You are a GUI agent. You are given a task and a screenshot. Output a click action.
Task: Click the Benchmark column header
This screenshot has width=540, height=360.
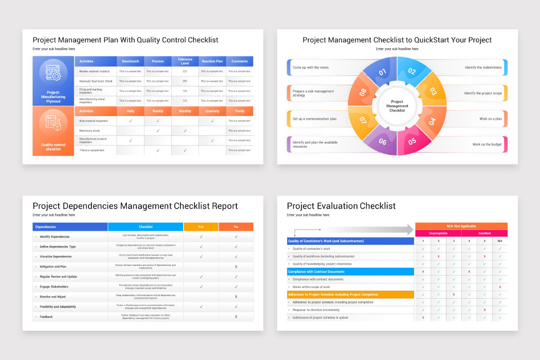click(x=130, y=61)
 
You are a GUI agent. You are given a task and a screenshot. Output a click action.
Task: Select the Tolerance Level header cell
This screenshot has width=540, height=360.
click(x=185, y=61)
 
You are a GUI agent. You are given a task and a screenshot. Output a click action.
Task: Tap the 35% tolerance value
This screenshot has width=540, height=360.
click(x=185, y=81)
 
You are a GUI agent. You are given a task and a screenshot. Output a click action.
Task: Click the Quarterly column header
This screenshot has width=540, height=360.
click(x=212, y=111)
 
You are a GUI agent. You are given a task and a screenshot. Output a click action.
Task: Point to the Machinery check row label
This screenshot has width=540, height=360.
click(x=90, y=131)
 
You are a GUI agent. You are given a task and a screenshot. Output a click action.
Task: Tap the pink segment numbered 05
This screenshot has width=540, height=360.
click(x=412, y=141)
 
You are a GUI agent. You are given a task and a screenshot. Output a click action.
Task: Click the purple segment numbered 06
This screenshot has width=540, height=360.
click(x=382, y=142)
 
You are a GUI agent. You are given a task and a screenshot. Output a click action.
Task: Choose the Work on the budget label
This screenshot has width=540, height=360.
click(x=487, y=144)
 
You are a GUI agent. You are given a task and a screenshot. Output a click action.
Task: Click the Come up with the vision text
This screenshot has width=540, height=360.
click(x=311, y=67)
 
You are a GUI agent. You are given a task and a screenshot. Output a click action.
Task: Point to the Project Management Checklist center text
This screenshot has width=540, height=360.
click(x=397, y=106)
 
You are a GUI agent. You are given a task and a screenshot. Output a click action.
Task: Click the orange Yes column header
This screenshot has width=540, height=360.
click(x=201, y=227)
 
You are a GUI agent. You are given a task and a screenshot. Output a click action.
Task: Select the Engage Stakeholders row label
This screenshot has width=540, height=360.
click(x=54, y=287)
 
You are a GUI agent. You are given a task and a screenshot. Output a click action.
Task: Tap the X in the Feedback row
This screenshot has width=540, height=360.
click(x=236, y=317)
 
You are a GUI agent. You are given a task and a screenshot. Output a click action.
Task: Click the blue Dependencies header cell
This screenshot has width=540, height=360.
click(x=45, y=227)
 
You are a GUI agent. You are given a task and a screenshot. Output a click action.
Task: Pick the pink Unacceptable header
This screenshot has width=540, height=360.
click(x=438, y=234)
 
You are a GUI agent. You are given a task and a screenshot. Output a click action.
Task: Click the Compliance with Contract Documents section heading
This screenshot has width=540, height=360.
click(x=316, y=272)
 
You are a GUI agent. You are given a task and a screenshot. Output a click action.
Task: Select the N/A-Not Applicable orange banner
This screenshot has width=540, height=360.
click(x=461, y=226)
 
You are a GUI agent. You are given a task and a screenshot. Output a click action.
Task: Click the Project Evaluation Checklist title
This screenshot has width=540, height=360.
click(x=341, y=206)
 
